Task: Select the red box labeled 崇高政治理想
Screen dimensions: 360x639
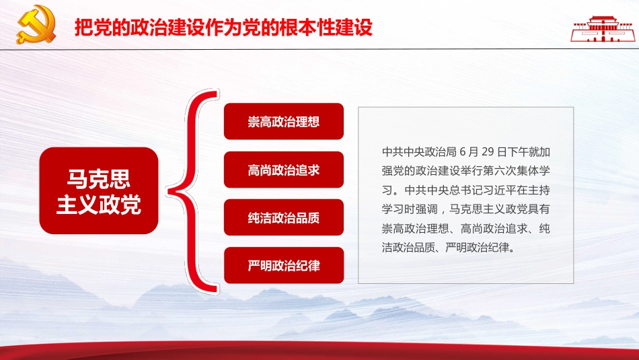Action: tap(284, 122)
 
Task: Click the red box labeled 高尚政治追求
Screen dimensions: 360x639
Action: tap(284, 170)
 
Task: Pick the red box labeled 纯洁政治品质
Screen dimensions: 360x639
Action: tap(284, 217)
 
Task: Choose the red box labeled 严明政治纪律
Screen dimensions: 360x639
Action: tap(284, 265)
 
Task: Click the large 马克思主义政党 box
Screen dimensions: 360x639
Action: tap(99, 190)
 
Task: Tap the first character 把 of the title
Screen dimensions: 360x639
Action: tap(83, 29)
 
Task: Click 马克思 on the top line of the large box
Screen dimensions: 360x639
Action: tap(99, 178)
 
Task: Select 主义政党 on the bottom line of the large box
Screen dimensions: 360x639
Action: tap(99, 205)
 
